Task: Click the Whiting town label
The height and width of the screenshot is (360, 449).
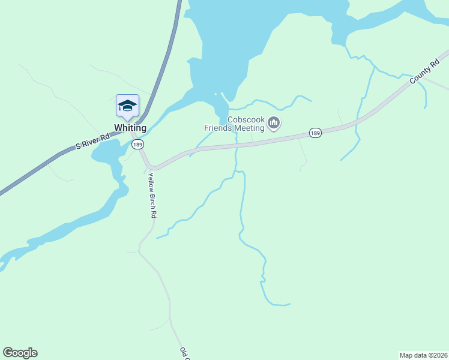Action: click(130, 128)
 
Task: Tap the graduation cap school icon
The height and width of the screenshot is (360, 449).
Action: click(127, 106)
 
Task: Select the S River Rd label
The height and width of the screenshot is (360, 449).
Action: click(93, 142)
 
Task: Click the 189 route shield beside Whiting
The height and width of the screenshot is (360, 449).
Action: click(138, 145)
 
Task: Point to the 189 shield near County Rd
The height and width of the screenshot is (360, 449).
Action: click(315, 132)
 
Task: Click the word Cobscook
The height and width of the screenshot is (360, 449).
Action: click(246, 119)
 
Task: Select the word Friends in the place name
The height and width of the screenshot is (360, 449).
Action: click(218, 128)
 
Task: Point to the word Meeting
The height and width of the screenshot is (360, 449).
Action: click(249, 128)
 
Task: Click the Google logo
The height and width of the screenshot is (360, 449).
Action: click(20, 353)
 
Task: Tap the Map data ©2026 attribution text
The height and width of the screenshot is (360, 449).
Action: click(423, 355)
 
